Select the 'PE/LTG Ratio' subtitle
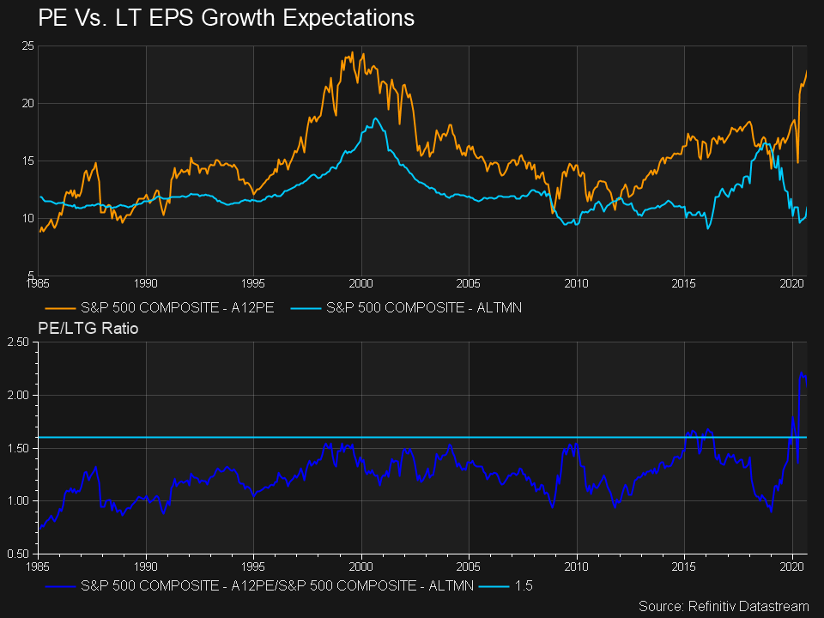coord(88,327)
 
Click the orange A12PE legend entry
coord(159,306)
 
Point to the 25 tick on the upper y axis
coord(27,45)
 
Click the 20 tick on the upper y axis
coord(27,103)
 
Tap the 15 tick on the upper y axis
coord(27,161)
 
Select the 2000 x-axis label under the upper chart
coord(361,282)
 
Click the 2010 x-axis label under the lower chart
coord(577,566)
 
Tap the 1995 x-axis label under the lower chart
coord(253,566)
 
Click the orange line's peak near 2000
coord(352,52)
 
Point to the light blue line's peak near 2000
coord(375,118)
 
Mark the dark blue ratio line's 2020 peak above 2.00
coord(801,373)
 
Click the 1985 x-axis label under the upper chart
coord(38,282)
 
